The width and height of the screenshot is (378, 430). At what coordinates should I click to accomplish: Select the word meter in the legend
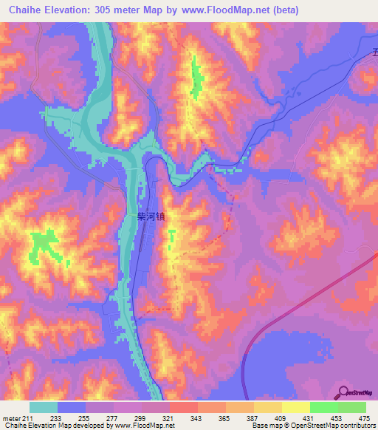click(10, 418)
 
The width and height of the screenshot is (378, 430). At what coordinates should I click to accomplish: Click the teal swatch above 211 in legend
click(44, 407)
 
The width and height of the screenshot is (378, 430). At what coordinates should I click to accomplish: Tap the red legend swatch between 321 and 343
click(184, 407)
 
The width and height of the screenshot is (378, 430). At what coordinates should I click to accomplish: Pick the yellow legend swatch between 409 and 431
click(296, 407)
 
